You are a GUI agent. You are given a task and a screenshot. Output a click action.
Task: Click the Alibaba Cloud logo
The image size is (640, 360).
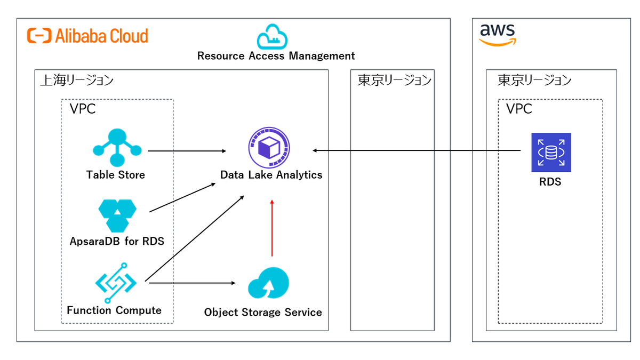(87, 36)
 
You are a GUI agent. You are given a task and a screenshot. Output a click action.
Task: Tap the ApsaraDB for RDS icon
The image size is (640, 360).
(117, 215)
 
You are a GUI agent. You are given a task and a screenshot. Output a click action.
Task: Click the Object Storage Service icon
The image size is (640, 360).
(268, 283)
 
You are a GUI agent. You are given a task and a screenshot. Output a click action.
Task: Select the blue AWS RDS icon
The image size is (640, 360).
(550, 152)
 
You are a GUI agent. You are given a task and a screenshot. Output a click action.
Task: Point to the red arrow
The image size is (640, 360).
(272, 228)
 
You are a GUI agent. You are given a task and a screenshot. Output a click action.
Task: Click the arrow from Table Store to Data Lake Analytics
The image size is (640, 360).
(187, 151)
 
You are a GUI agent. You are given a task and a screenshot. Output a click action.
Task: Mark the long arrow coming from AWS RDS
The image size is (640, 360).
(416, 151)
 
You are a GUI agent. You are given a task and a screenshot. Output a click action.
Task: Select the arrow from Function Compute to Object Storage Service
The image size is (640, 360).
(192, 283)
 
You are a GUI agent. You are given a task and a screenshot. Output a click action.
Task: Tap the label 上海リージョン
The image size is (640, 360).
(77, 81)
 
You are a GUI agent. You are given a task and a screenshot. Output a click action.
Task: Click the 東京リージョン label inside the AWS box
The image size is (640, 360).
(534, 81)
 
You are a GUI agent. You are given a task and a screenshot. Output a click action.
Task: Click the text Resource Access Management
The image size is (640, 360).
(276, 56)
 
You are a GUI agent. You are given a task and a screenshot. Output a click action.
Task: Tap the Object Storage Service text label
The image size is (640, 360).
(263, 312)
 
